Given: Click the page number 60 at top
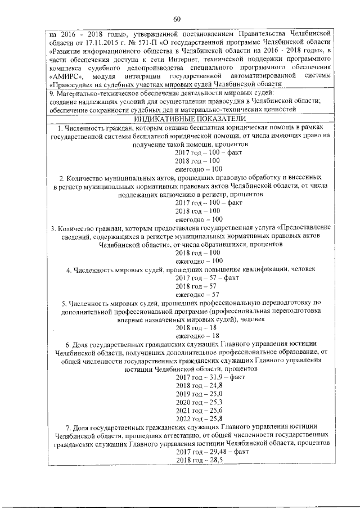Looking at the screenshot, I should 177,20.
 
